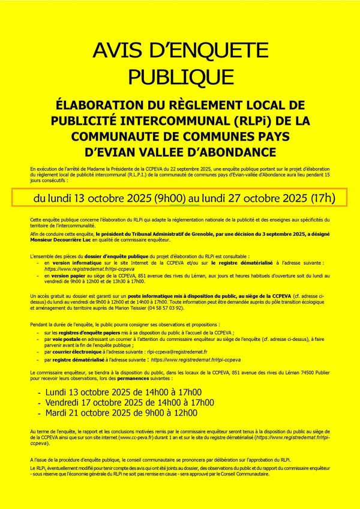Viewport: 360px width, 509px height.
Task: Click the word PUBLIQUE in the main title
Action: point(179,77)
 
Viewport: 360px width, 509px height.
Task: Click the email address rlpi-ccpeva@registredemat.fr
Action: point(178,352)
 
